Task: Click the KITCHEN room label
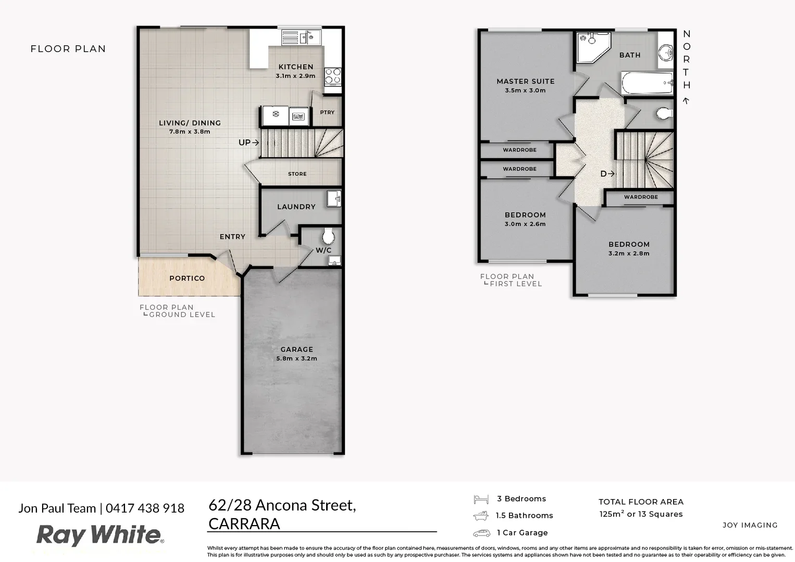295,67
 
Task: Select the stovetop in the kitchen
333,76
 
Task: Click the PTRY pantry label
327,112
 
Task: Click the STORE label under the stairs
297,174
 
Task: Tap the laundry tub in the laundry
334,198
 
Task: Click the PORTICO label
187,278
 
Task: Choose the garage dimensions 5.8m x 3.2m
296,359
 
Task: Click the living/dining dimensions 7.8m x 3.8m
190,132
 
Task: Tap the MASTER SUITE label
525,81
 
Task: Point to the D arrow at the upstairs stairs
607,174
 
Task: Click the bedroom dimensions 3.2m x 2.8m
629,253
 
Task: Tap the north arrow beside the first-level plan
687,100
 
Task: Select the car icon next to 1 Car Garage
481,533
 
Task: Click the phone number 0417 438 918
145,508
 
